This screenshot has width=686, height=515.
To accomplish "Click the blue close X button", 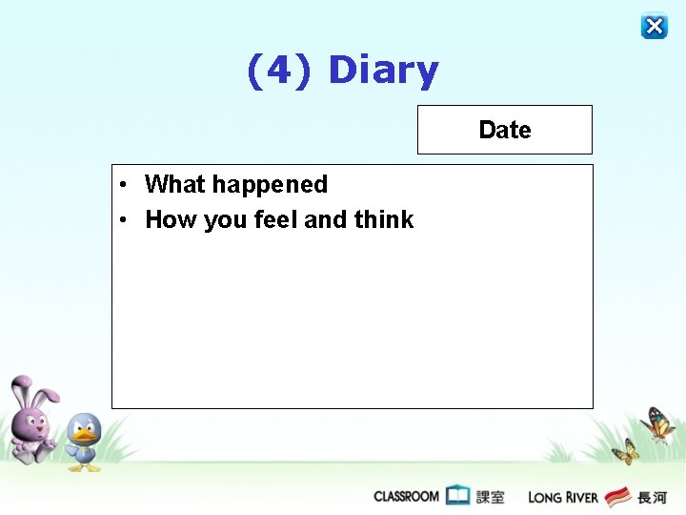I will pos(654,26).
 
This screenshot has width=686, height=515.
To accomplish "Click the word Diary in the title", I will pos(383,71).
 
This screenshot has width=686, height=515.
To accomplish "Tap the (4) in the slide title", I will pos(278,71).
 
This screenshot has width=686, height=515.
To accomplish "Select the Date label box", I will pos(504,130).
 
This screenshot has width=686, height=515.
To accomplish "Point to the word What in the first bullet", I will pos(174,184).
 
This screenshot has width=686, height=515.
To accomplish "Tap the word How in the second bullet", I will pos(171,219).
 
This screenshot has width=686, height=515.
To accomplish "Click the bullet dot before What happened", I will pos(124,185).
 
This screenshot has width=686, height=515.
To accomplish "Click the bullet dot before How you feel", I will pos(124,220).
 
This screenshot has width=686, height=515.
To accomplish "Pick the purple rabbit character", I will pos(32,420).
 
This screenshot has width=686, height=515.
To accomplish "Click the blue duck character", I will pos(84,442).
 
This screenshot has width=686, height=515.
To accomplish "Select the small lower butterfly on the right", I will pos(625,451).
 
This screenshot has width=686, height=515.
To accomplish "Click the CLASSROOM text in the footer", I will pos(406,496).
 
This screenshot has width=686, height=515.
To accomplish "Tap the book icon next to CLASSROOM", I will pos(458,496).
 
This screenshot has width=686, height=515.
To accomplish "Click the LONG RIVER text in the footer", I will pos(562,497).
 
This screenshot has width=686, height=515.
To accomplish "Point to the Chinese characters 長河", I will pos(652,497).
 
